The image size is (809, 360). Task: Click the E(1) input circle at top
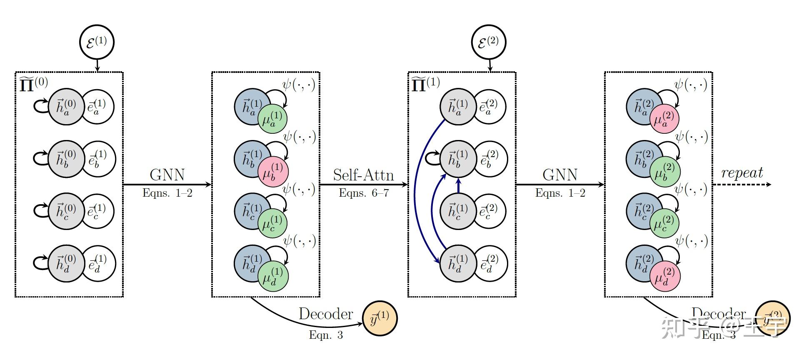click(97, 42)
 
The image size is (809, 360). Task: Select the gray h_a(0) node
click(65, 107)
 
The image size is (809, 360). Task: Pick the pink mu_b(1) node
click(273, 172)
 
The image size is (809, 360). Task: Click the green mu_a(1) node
click(272, 119)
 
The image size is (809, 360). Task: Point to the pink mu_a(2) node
click(664, 119)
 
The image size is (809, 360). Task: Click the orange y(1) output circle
click(380, 319)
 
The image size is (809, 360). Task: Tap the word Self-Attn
click(363, 175)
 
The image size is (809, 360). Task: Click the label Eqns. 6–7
click(364, 193)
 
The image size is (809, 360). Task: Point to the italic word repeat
click(742, 172)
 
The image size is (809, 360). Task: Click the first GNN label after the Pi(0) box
click(167, 175)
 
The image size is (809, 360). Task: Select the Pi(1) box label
click(425, 84)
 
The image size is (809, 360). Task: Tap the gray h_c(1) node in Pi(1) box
click(457, 211)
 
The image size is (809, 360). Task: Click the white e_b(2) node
click(491, 159)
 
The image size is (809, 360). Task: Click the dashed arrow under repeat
click(742, 185)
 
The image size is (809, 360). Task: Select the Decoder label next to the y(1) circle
click(325, 314)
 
